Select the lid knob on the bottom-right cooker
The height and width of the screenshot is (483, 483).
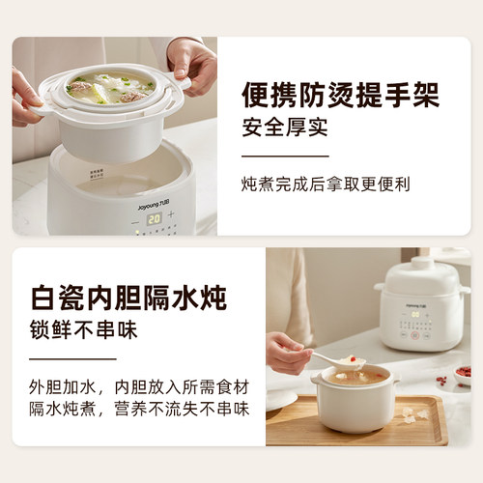422,264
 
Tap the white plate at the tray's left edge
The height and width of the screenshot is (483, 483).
280,401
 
